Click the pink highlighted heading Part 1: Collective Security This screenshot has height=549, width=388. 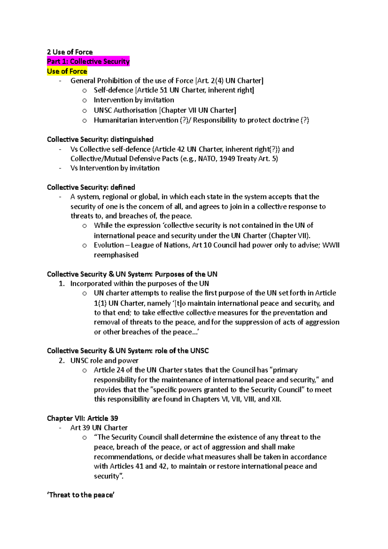(x=88, y=61)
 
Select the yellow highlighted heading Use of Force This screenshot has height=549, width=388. (x=67, y=71)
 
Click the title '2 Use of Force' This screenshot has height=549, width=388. (x=70, y=52)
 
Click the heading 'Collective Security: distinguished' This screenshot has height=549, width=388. (x=100, y=139)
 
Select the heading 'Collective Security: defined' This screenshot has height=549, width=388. (x=91, y=187)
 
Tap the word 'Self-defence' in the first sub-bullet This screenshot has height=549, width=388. (x=113, y=90)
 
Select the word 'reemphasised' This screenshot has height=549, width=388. (x=116, y=255)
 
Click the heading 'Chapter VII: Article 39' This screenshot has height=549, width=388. (x=82, y=418)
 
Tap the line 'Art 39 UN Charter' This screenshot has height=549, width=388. (x=99, y=428)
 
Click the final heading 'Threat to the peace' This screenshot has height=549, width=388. (x=81, y=495)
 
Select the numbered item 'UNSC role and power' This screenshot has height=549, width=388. (x=104, y=361)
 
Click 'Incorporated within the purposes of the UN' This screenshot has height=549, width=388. (x=139, y=284)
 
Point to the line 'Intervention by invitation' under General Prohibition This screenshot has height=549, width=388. (x=134, y=100)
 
